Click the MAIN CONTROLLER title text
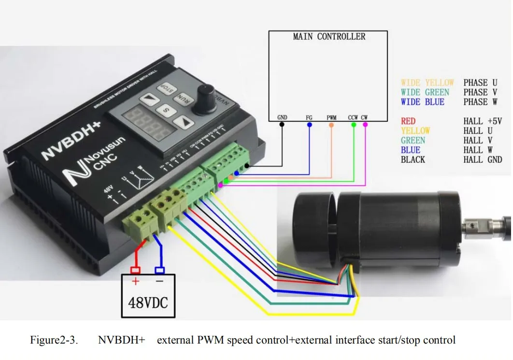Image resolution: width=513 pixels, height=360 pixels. click(x=329, y=37)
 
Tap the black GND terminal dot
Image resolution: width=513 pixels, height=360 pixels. click(x=282, y=124)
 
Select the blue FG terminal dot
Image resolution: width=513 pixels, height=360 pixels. click(x=309, y=124)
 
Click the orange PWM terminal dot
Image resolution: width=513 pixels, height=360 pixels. click(x=331, y=124)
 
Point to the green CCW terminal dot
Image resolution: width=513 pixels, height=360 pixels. click(x=354, y=124)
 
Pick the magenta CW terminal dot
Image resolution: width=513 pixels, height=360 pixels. click(x=365, y=124)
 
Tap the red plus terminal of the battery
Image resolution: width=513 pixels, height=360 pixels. click(x=136, y=270)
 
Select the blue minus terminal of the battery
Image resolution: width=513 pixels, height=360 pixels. click(x=159, y=270)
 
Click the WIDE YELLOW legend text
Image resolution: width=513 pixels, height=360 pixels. click(x=427, y=83)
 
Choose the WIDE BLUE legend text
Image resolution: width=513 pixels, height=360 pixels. click(x=422, y=102)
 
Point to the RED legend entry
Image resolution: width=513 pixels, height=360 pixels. click(x=408, y=121)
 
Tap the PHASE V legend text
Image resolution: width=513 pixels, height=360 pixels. click(x=475, y=92)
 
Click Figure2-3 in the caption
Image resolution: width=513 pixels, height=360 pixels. click(x=54, y=340)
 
